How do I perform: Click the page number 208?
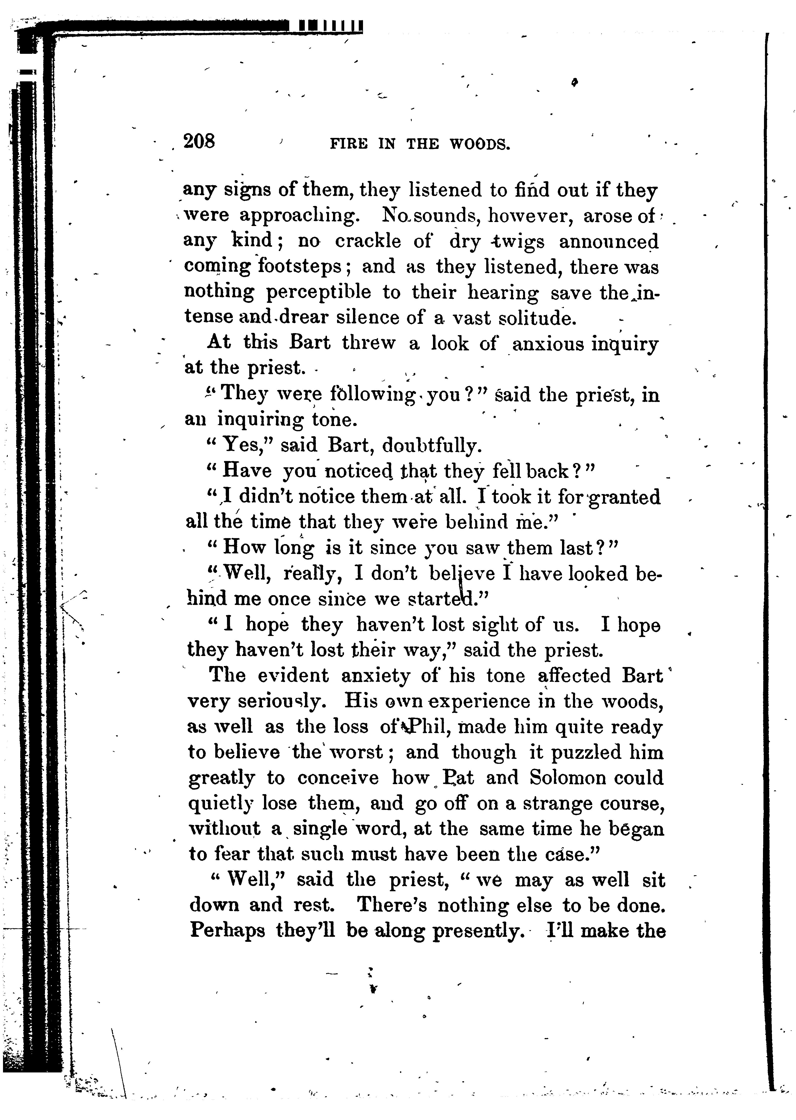pos(199,141)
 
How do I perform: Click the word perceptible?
pos(318,292)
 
